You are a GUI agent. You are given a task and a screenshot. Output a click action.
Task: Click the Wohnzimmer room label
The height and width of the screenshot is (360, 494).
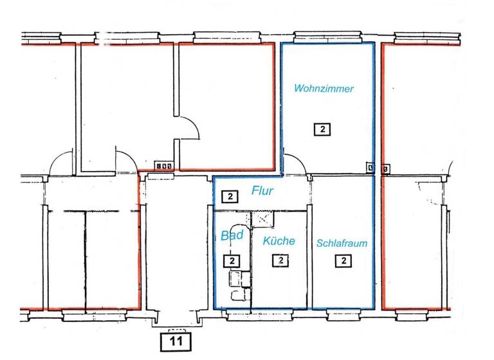(x=324, y=89)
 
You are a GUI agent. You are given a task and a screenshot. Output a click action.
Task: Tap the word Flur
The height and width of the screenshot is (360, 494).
(x=262, y=191)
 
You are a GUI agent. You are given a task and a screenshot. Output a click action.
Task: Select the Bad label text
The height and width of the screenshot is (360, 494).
(x=232, y=235)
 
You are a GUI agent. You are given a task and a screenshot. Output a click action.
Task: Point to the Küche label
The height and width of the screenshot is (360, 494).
(x=279, y=241)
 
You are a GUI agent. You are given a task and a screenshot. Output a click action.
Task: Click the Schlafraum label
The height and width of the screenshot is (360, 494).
(x=342, y=244)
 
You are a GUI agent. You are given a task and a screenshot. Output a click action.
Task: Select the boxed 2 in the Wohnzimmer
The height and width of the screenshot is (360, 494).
(x=322, y=130)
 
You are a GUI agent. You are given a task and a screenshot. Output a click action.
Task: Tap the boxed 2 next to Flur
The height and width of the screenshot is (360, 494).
(x=228, y=196)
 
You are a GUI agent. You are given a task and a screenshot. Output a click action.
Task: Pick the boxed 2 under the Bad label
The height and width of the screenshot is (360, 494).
(x=232, y=261)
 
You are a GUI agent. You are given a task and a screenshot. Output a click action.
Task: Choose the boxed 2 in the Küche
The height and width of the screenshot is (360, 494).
(x=281, y=260)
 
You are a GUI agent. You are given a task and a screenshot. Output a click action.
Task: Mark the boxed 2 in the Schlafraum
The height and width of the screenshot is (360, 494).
(x=344, y=260)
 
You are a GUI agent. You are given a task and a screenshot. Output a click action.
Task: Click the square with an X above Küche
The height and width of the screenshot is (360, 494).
(x=262, y=220)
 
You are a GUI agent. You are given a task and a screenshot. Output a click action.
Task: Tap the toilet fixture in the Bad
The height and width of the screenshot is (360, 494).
(x=239, y=295)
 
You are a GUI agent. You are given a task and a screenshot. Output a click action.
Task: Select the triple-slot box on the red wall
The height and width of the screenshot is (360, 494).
(x=163, y=165)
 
